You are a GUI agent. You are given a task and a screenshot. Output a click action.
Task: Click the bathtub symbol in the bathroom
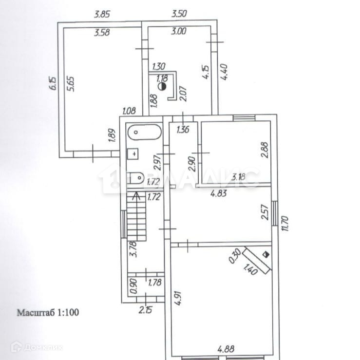(x=143, y=133)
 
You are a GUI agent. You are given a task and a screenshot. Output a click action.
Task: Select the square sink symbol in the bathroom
(x=133, y=154)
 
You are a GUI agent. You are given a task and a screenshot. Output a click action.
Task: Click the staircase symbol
(x=137, y=216)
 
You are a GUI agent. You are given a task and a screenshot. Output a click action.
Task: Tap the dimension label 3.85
(x=102, y=14)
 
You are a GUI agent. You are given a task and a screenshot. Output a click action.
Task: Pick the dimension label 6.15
(x=52, y=84)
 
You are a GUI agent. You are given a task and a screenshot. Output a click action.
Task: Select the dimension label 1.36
(x=183, y=130)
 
